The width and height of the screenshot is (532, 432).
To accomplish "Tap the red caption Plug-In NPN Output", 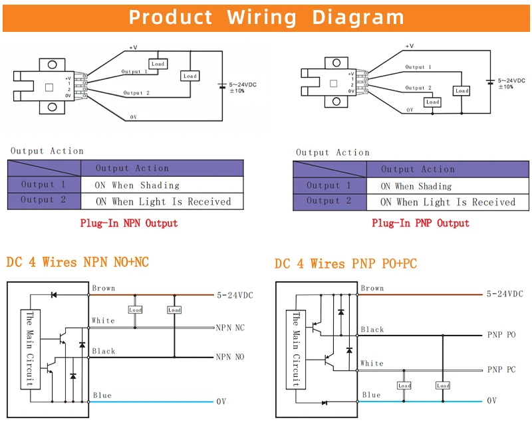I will (x=129, y=223).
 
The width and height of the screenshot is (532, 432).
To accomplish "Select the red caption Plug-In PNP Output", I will (x=420, y=223).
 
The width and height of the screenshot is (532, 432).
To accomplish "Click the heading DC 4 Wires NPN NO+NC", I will (x=78, y=263).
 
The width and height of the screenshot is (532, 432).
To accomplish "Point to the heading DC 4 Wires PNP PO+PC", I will (x=346, y=264).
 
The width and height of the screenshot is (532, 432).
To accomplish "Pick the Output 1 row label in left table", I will (x=43, y=185).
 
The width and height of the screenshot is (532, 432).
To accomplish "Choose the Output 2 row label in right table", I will (x=329, y=201).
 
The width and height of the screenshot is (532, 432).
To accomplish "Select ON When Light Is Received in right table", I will (x=448, y=202).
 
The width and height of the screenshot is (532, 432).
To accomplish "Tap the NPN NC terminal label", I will (x=230, y=328).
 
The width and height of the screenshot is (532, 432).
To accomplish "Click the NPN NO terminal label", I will (x=230, y=357).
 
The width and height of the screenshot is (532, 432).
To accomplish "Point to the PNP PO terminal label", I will (x=501, y=335).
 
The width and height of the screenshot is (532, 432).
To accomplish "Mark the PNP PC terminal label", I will (x=501, y=370).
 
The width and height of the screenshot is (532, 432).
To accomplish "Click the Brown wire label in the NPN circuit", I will (x=104, y=288).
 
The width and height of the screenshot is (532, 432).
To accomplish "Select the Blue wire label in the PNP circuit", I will (x=372, y=395).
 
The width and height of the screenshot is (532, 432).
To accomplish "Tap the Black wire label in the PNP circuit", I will (x=372, y=329).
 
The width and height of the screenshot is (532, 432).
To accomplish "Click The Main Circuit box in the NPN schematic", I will (x=29, y=349).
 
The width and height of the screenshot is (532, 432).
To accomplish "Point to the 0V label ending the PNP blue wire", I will (x=492, y=401).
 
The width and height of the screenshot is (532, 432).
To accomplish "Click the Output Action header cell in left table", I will (x=132, y=169).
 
